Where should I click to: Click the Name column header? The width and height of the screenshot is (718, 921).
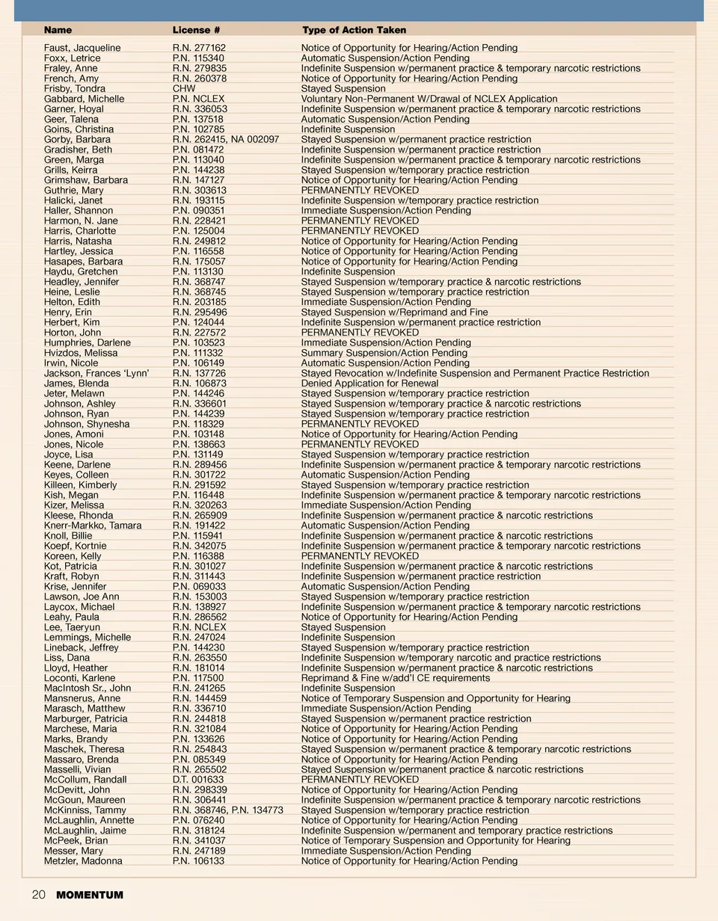(58, 30)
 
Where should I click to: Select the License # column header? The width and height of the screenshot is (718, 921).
(196, 30)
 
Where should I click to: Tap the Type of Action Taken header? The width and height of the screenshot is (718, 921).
(354, 30)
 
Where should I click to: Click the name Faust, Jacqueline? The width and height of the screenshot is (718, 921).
(82, 48)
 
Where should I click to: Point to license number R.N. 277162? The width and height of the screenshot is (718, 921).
(199, 48)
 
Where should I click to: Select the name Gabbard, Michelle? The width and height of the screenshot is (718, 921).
(84, 99)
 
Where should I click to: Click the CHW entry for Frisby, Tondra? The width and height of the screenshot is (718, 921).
(184, 88)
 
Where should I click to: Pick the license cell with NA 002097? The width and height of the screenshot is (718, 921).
(226, 139)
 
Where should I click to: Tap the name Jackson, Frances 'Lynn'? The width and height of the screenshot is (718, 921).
(96, 373)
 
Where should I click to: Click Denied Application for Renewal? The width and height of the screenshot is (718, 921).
(369, 384)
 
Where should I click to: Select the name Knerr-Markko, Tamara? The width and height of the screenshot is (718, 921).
(93, 526)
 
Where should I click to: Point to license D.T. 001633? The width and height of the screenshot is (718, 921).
(198, 780)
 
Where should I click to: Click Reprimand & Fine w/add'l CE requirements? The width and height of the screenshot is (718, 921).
(396, 678)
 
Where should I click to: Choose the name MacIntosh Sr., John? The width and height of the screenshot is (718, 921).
(88, 688)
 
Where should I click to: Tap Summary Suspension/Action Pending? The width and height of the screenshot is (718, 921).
(384, 353)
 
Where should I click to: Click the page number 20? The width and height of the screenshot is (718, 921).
(38, 895)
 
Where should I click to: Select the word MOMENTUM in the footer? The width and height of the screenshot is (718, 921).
(90, 895)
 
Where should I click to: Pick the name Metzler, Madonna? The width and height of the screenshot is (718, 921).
(83, 860)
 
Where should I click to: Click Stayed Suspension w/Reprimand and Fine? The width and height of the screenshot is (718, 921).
(394, 312)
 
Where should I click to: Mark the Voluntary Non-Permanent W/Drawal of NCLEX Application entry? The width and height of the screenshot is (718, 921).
(429, 99)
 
